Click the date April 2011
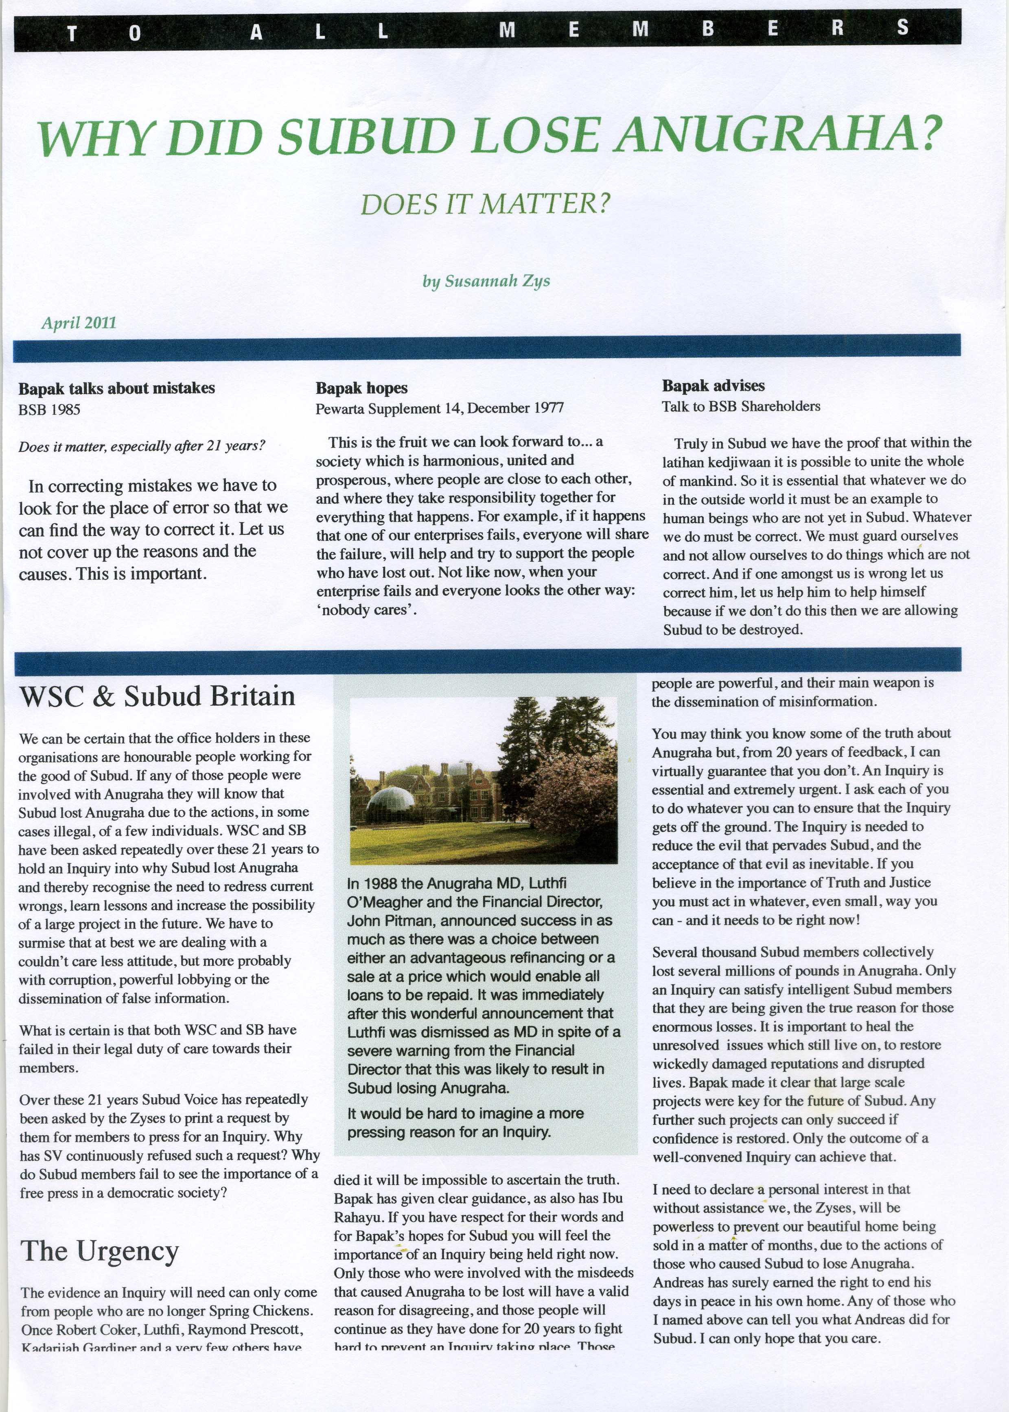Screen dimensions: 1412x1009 coord(79,323)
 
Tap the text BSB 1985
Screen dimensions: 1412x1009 coord(49,409)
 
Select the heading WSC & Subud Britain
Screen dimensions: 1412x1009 coord(157,696)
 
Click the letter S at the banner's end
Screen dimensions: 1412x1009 coord(903,28)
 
